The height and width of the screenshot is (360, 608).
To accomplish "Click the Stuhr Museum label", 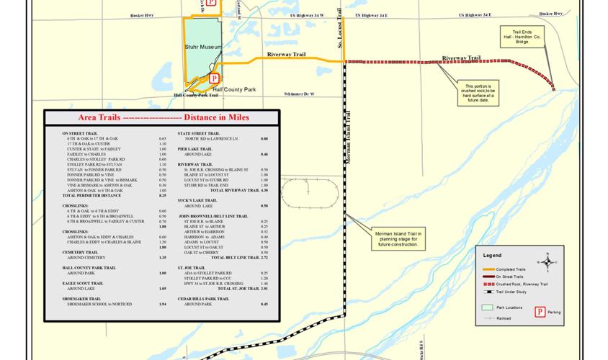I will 201,48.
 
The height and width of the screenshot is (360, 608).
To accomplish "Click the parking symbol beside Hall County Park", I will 214,78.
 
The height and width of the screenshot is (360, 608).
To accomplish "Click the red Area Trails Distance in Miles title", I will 153,117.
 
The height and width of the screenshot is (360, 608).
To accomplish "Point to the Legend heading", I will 492,256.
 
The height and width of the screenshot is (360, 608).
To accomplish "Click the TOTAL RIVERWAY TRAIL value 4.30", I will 264,190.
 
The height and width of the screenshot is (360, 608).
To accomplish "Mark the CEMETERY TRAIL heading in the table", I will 80,252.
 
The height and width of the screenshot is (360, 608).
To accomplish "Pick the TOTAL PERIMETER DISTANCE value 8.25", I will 162,195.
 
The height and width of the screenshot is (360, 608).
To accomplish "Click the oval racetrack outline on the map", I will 308,194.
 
